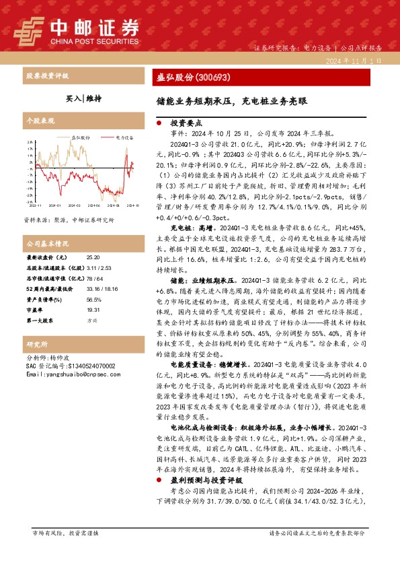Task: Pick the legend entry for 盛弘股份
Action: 82,136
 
